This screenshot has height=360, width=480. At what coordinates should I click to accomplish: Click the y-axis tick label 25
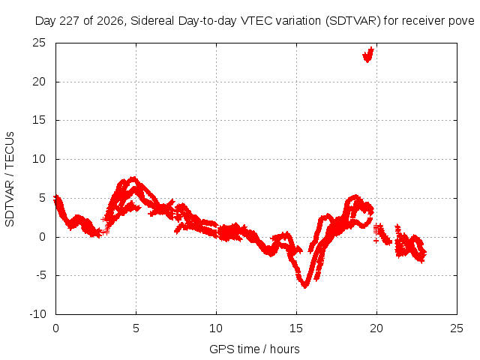pyautogui.click(x=39, y=43)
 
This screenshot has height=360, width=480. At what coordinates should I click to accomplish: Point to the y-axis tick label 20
pyautogui.click(x=39, y=82)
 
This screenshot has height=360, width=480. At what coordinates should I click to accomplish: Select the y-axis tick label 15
pyautogui.click(x=39, y=120)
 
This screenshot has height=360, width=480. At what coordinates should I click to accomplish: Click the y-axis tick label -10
pyautogui.click(x=37, y=314)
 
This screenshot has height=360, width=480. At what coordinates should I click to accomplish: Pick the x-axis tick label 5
pyautogui.click(x=136, y=328)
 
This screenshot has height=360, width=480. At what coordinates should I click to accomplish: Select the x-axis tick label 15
pyautogui.click(x=296, y=328)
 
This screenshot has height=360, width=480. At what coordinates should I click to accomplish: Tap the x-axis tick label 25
pyautogui.click(x=457, y=328)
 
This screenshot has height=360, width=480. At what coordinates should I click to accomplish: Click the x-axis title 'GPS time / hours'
pyautogui.click(x=254, y=349)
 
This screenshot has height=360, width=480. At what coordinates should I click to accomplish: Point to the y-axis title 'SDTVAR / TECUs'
pyautogui.click(x=10, y=179)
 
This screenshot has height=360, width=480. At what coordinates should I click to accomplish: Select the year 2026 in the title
pyautogui.click(x=110, y=21)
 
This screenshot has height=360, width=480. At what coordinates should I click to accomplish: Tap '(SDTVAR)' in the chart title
pyautogui.click(x=353, y=21)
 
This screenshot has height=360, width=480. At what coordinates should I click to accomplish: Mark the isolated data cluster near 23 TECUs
pyautogui.click(x=368, y=55)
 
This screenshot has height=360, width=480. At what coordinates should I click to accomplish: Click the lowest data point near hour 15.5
pyautogui.click(x=305, y=286)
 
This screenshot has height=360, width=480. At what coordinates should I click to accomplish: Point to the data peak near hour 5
pyautogui.click(x=133, y=178)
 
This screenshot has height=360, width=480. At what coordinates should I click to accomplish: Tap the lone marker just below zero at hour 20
pyautogui.click(x=376, y=241)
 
